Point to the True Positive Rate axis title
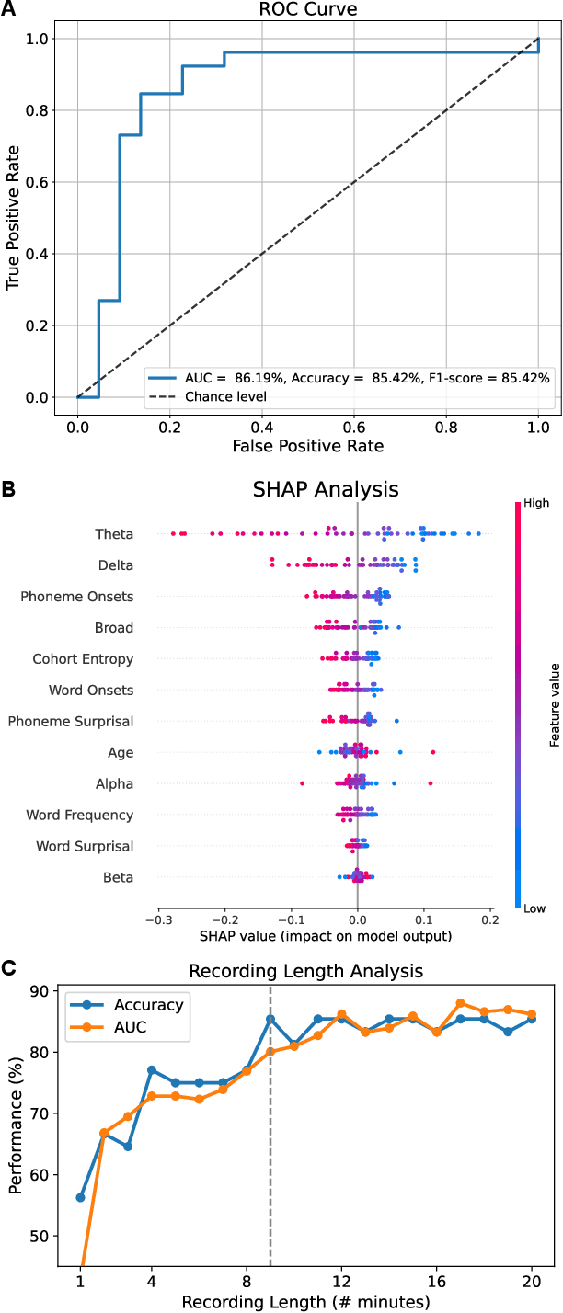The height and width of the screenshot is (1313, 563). tap(14, 219)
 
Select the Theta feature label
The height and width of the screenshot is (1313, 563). tap(114, 534)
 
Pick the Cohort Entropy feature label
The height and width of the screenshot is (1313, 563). tap(83, 659)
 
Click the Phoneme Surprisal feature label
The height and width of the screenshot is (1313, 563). tap(71, 721)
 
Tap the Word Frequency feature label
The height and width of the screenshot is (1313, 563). tap(80, 815)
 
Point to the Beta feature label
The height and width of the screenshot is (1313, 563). tap(118, 878)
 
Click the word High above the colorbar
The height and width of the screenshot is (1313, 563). tap(536, 504)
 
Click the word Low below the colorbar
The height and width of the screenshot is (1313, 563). tap(536, 908)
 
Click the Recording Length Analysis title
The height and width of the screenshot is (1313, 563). tap(306, 970)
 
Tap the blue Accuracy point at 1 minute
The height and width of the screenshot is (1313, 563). tap(81, 1197)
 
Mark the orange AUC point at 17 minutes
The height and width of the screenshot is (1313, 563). tap(461, 1003)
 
